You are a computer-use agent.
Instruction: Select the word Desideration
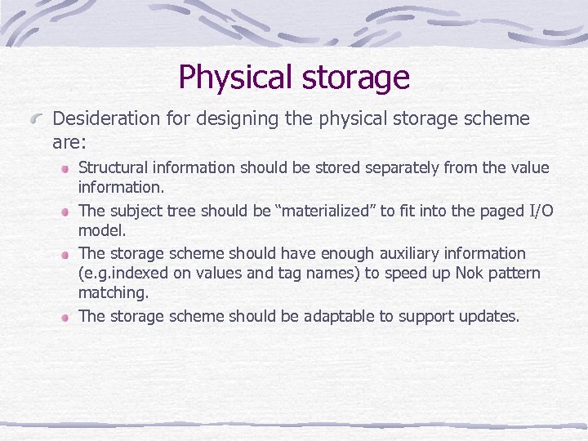104,119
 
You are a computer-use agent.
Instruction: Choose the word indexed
133,273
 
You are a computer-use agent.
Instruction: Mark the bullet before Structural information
63,168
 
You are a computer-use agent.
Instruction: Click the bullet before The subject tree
63,212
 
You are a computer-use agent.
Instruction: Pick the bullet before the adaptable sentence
63,317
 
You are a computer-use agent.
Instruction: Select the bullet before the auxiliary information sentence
63,254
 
